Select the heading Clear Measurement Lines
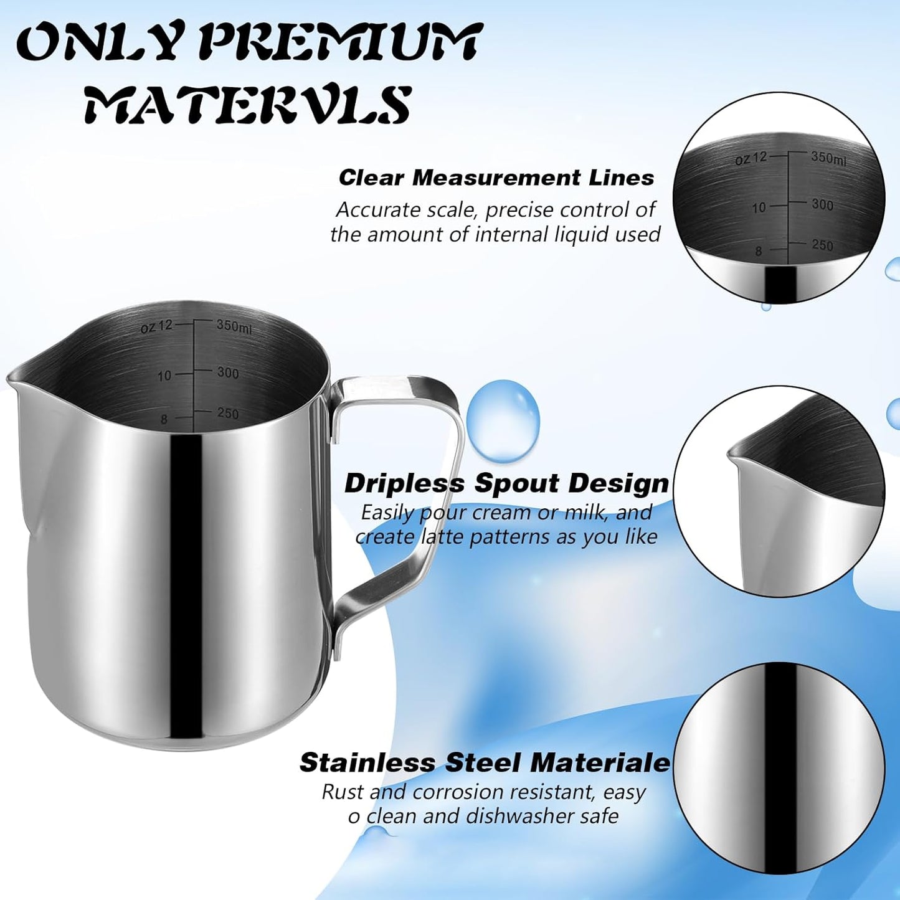(x=496, y=178)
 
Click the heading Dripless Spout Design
(x=506, y=483)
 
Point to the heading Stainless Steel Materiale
(x=485, y=762)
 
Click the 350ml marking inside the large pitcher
(x=234, y=326)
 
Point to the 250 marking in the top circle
(x=822, y=245)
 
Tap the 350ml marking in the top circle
(x=828, y=158)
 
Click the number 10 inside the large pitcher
(x=164, y=376)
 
